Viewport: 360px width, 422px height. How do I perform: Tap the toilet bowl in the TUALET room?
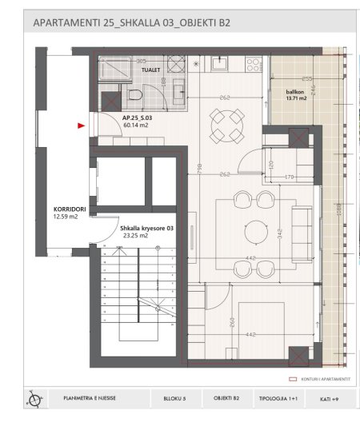[135, 98]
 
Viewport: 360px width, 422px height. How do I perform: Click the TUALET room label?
[150, 70]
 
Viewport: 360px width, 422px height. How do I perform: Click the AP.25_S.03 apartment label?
[137, 117]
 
